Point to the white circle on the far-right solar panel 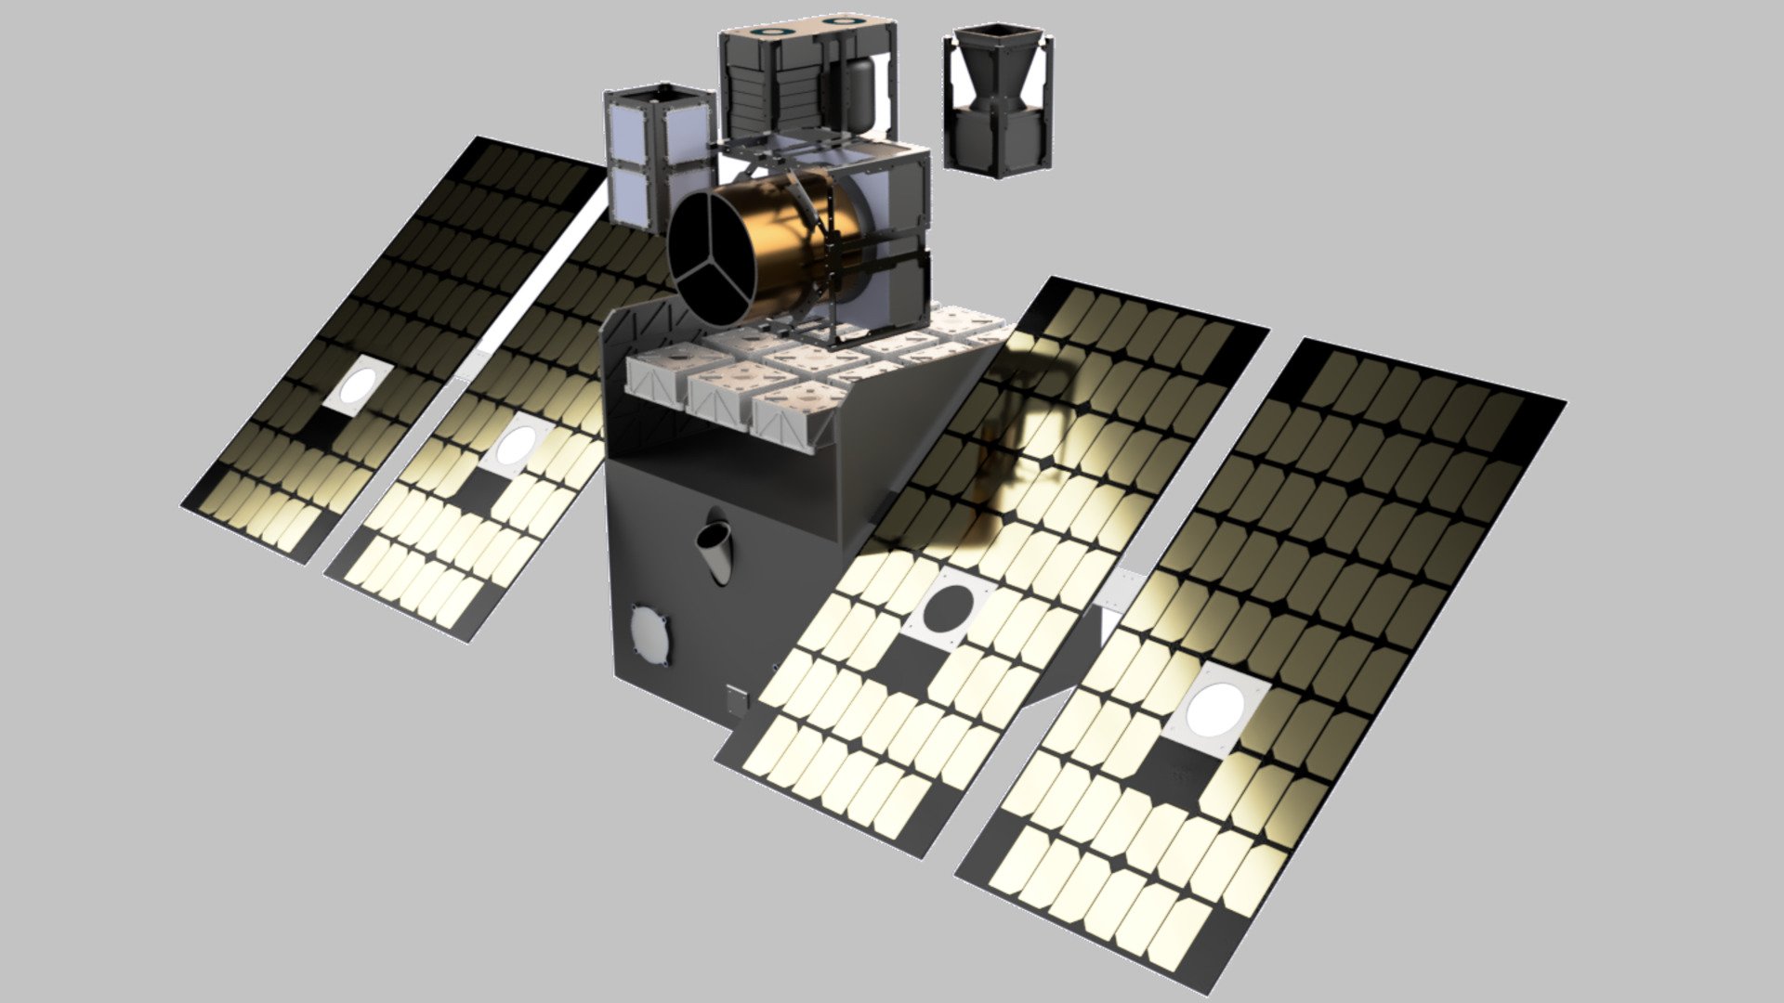tap(1217, 706)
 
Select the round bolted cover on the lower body tap(648, 634)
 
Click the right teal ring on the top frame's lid tap(842, 20)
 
